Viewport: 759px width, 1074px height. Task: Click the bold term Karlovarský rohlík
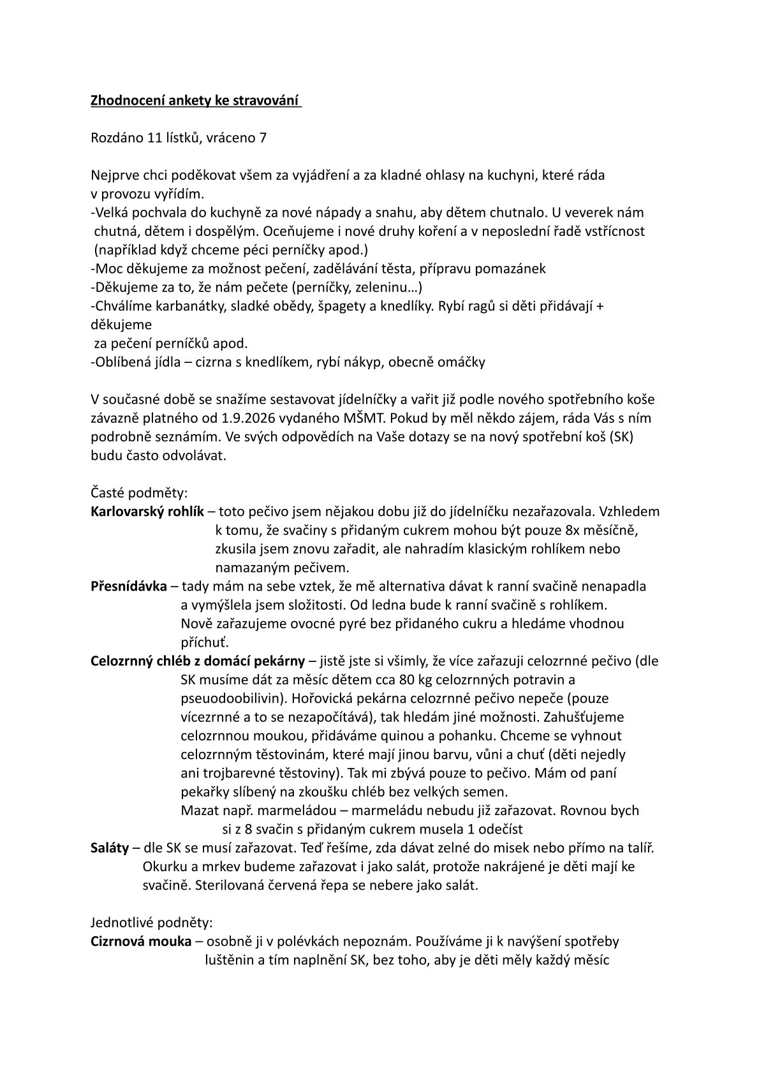coord(147,511)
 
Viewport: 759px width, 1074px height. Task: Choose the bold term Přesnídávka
coord(129,586)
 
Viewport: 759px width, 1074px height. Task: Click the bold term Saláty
coord(110,848)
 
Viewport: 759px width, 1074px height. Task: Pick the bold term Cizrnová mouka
coord(141,941)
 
